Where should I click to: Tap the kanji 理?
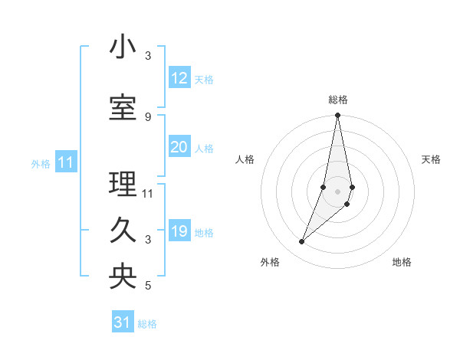click(x=123, y=184)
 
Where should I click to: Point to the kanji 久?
click(x=123, y=231)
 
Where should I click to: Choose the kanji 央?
click(x=123, y=277)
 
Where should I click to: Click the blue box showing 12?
click(x=179, y=78)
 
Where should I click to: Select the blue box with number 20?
click(x=179, y=147)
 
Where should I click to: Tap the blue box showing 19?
click(x=179, y=231)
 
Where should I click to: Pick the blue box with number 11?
click(x=66, y=162)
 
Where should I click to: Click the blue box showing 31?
click(x=123, y=322)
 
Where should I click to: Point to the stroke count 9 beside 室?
click(x=148, y=116)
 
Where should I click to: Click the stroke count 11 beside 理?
click(x=148, y=193)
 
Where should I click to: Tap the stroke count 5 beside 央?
click(x=148, y=286)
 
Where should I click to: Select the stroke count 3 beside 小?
click(x=148, y=56)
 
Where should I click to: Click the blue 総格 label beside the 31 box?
click(x=147, y=324)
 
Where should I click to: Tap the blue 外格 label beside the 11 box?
click(x=41, y=163)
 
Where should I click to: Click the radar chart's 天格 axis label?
click(x=432, y=159)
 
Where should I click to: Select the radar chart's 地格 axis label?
click(x=402, y=262)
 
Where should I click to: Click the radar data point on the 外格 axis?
click(x=301, y=242)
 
